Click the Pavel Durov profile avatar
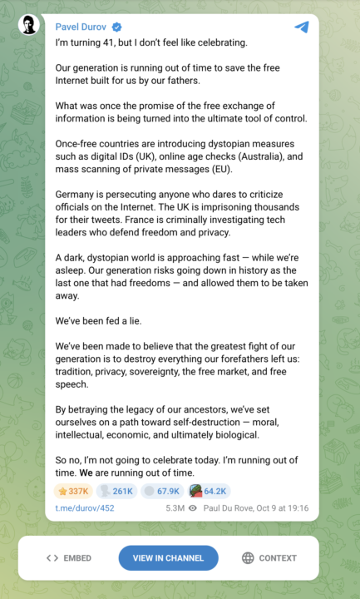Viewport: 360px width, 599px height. point(28,25)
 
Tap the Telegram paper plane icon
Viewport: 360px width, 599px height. point(301,27)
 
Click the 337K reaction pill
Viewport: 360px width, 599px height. point(73,491)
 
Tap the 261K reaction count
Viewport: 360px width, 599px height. point(116,491)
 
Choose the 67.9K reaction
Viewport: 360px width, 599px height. point(161,491)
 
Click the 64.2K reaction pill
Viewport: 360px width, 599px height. point(209,491)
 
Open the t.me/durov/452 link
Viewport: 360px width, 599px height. point(84,507)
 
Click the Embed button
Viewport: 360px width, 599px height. point(69,558)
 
